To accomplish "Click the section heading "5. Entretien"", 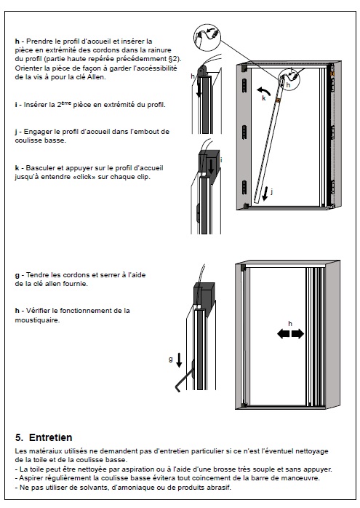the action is (x=44, y=437).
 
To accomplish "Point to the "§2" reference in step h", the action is (x=175, y=59).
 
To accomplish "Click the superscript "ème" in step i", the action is (x=66, y=103).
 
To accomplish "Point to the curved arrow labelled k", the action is (x=263, y=90).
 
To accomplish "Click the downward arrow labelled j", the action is (x=265, y=194).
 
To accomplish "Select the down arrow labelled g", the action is (x=179, y=360).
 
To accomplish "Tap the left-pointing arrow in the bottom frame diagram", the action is (x=284, y=333).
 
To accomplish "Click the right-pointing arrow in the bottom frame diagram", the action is (x=298, y=333).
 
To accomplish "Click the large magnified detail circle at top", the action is (x=207, y=37).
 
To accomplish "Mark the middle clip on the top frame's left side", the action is (x=244, y=132).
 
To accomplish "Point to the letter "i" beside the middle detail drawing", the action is (x=221, y=159).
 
